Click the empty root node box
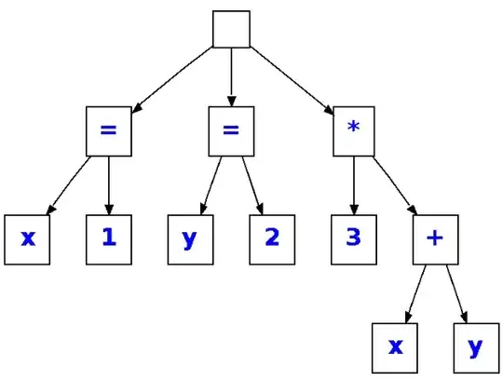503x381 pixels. (x=231, y=29)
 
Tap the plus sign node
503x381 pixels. (x=434, y=238)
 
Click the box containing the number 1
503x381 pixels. (x=109, y=238)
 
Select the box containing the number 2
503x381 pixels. (x=271, y=238)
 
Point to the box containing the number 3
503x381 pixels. (x=353, y=238)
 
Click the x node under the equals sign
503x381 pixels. (x=27, y=238)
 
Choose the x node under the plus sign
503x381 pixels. (x=395, y=347)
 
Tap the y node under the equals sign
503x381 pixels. (x=190, y=238)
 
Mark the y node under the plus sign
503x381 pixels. (x=476, y=347)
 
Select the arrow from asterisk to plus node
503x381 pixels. (x=396, y=186)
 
